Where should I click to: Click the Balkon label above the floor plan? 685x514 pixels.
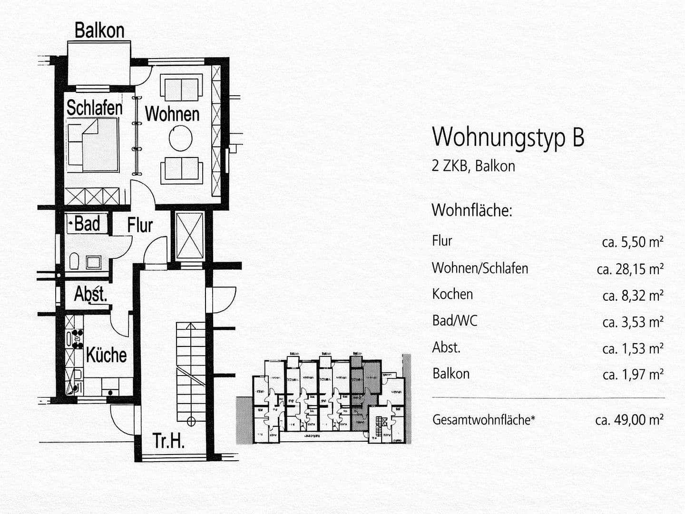point(99,30)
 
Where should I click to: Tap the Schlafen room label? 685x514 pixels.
point(94,108)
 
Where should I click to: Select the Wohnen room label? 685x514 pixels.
point(172,114)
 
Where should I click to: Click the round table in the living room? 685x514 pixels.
point(181,138)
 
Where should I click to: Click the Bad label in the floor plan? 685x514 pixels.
point(87,224)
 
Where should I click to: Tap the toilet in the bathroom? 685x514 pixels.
point(74,261)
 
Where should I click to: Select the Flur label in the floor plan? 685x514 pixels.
point(140,226)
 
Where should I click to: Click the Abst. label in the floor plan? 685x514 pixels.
point(90,294)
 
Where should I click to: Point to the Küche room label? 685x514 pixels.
point(106,355)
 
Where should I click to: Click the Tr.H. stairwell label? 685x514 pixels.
point(168,441)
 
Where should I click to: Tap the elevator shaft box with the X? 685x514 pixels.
point(189,236)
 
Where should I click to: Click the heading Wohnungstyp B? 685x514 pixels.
point(508,137)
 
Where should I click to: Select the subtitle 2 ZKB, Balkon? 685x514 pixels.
point(473,166)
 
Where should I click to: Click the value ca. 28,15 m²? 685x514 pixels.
point(630,269)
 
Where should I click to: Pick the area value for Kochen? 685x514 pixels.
point(633,296)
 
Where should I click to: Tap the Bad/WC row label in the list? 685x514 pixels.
point(454,321)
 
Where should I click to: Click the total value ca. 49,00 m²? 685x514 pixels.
point(629,420)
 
